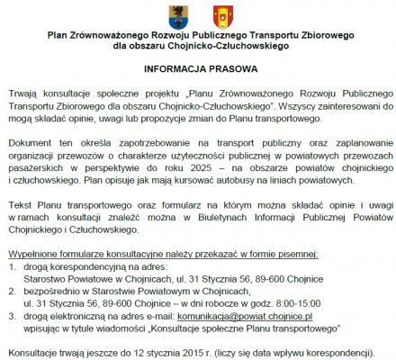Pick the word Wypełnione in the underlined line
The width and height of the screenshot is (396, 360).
click(x=31, y=255)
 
